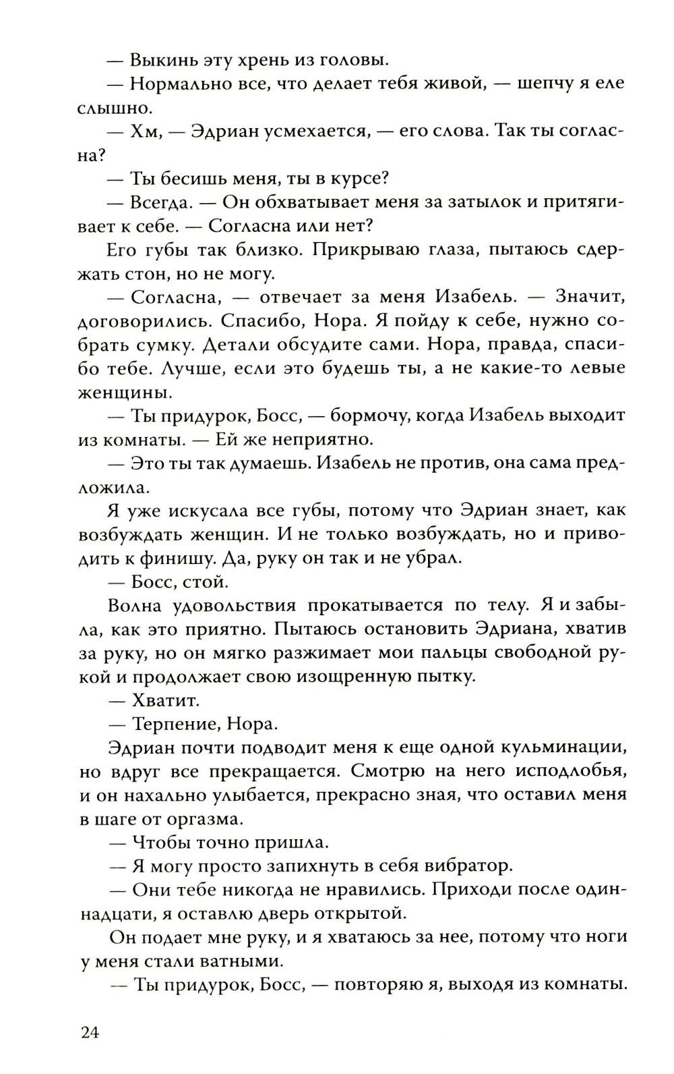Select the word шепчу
coord(551,84)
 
